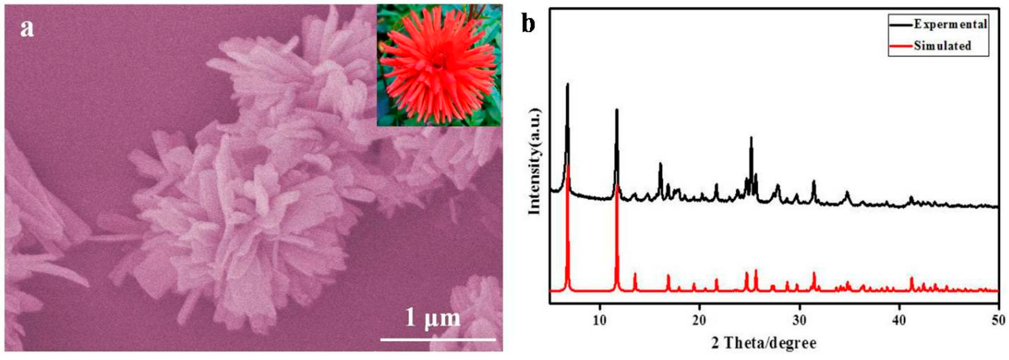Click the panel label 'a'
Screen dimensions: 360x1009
point(27,29)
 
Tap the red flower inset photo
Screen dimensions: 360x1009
point(439,65)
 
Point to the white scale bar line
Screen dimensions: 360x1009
point(438,339)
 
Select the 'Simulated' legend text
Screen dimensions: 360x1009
point(942,46)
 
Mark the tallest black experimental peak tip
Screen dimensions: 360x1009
point(567,84)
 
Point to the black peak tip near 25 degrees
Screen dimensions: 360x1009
point(751,137)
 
